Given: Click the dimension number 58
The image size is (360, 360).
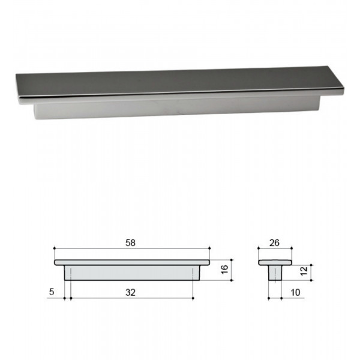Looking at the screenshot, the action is pos(130,243).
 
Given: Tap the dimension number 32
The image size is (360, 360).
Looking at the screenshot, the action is pos(130,293).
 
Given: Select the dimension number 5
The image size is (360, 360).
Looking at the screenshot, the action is pos(52,292).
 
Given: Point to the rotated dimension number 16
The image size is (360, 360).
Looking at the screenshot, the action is pos(224,269).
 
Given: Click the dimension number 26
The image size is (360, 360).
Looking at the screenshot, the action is pos(274,243).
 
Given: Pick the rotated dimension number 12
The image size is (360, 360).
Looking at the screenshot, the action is pos(304,271).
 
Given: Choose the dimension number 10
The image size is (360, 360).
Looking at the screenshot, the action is pos(295,293).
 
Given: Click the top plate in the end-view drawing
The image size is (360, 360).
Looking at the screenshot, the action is pos(275,262).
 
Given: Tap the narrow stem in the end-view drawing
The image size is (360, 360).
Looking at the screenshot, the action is pos(275,273).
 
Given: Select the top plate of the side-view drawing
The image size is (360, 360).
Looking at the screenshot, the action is pos(132,262).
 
